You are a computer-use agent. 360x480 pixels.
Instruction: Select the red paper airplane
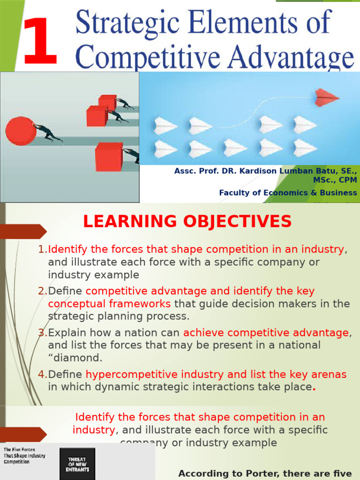point(326,97)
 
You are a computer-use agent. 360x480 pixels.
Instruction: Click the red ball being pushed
point(21,131)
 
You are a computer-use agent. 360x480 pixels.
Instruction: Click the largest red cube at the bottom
point(109,157)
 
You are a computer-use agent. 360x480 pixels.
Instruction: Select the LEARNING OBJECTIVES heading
point(187,221)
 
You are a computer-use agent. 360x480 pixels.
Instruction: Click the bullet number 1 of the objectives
point(41,249)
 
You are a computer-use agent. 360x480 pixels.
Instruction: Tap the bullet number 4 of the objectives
point(41,375)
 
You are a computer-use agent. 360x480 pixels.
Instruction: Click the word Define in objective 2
point(65,291)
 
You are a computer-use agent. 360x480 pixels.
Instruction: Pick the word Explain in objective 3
point(67,333)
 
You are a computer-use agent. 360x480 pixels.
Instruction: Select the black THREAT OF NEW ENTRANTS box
point(77,464)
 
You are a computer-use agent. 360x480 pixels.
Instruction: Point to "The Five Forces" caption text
point(20,450)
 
